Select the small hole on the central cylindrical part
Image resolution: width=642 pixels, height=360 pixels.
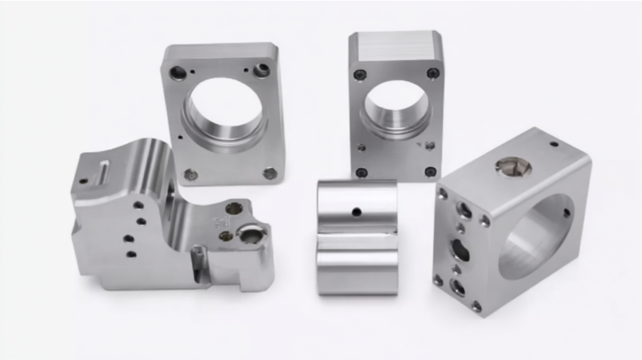pos(357,211)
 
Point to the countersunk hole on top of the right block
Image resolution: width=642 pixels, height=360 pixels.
pos(513,166)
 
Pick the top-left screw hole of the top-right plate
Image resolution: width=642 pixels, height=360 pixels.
pos(361,74)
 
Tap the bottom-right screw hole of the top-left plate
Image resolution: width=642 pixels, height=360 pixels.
pos(269,173)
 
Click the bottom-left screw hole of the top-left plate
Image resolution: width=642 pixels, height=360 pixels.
pos(189,174)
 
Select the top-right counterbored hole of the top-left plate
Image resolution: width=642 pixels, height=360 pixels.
pos(262,70)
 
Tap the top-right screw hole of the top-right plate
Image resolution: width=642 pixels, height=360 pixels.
pos(432,73)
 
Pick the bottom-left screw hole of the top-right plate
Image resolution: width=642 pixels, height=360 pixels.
pos(362,172)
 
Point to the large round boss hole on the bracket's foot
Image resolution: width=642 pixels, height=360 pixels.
pos(250,235)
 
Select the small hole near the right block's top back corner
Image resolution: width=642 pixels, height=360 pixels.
pos(554,144)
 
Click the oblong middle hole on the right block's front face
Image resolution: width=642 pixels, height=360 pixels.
pos(459,249)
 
